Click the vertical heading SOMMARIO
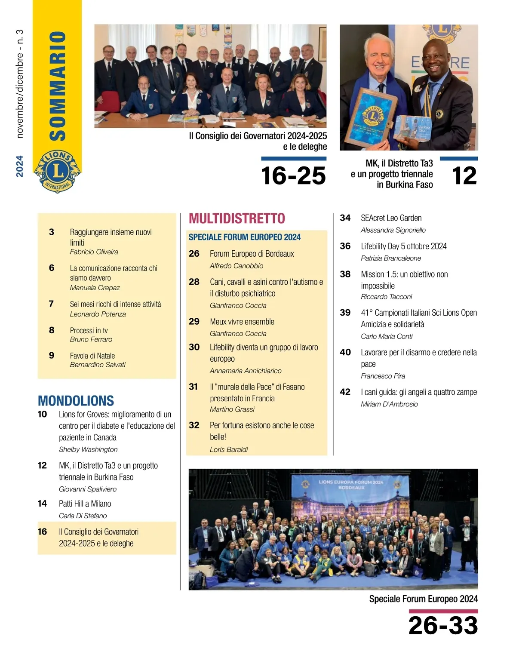pyautogui.click(x=58, y=86)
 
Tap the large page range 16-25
pyautogui.click(x=293, y=176)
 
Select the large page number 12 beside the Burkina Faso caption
pyautogui.click(x=464, y=176)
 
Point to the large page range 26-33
pyautogui.click(x=443, y=625)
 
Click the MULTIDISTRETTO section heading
pyautogui.click(x=237, y=218)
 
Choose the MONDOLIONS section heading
pyautogui.click(x=76, y=401)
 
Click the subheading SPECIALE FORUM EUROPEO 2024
pyautogui.click(x=245, y=237)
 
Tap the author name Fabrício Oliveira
pyautogui.click(x=94, y=252)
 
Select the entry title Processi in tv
pyautogui.click(x=89, y=330)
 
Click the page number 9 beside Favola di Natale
pyautogui.click(x=52, y=355)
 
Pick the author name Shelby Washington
pyautogui.click(x=88, y=449)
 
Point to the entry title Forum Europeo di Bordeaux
pyautogui.click(x=252, y=254)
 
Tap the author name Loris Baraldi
pyautogui.click(x=229, y=449)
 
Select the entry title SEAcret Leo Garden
pyautogui.click(x=391, y=218)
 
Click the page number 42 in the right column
pyautogui.click(x=345, y=392)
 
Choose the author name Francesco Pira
pyautogui.click(x=383, y=376)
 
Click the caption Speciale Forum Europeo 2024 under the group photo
pyautogui.click(x=424, y=599)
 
